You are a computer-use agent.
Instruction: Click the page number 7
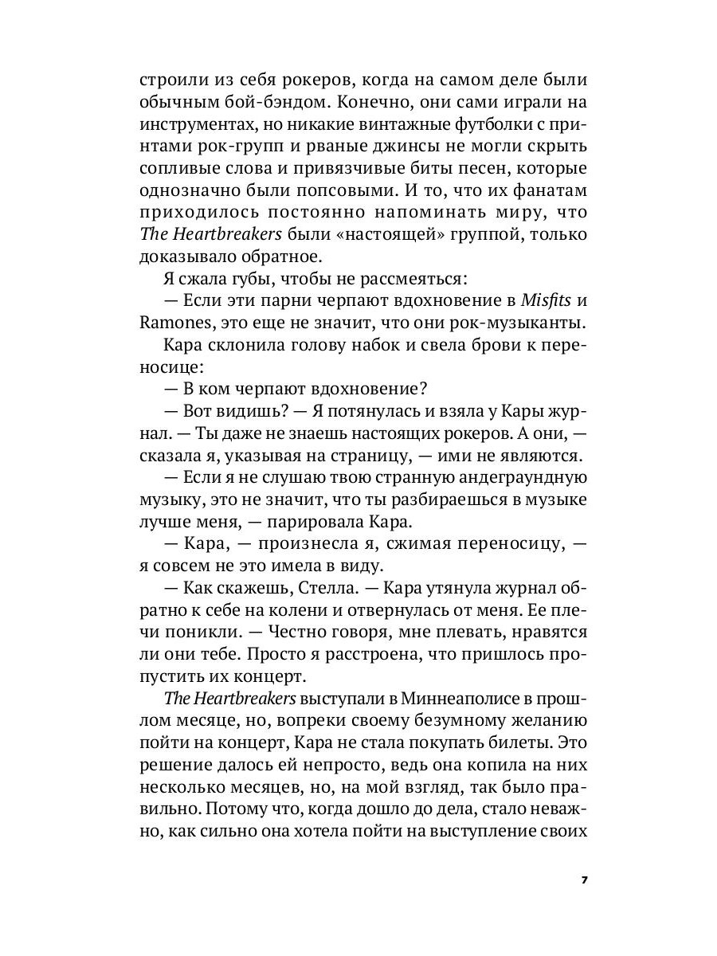584,880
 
